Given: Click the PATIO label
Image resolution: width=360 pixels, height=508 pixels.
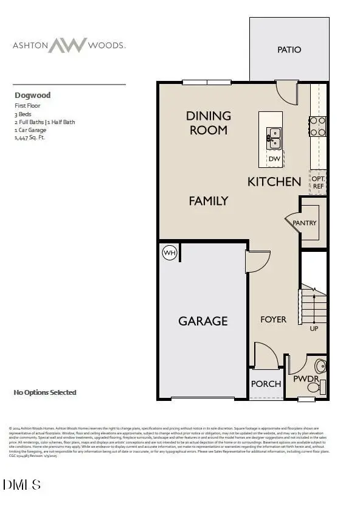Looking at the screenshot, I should tap(289, 49).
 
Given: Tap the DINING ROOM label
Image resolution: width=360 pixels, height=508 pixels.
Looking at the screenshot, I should tap(209, 122).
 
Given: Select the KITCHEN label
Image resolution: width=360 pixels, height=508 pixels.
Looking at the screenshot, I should tap(274, 181).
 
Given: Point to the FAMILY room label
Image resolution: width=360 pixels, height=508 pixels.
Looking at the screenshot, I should tap(208, 200).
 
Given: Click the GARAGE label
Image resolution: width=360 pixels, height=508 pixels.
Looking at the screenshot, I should tap(203, 321).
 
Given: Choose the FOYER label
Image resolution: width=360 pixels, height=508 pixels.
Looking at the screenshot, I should tap(273, 319).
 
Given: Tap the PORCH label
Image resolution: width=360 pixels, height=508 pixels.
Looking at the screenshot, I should tap(266, 384).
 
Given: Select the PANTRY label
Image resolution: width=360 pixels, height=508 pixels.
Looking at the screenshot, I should tap(304, 223).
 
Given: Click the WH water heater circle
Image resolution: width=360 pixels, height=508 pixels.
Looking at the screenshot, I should tap(169, 252).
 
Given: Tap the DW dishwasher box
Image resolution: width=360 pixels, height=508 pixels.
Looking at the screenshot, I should tap(274, 159).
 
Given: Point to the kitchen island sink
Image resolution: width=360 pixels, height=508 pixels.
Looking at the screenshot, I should tap(274, 138).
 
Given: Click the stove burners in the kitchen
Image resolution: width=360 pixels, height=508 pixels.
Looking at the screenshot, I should tap(318, 126).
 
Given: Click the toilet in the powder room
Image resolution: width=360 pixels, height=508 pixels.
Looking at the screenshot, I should tap(320, 366).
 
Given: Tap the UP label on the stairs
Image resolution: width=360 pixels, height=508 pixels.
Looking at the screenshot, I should tap(314, 329).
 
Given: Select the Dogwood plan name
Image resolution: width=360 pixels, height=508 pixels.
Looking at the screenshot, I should tap(32, 95).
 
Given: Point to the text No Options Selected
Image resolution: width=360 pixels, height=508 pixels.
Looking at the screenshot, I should tap(44, 392).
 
